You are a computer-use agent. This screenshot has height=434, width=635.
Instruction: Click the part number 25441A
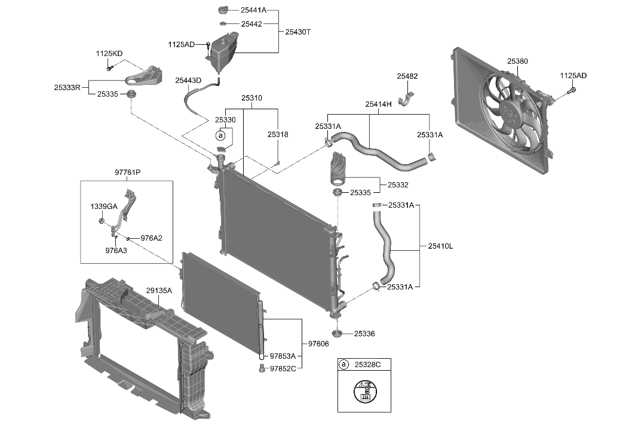(254, 11)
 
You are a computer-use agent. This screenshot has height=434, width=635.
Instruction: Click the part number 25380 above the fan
(517, 61)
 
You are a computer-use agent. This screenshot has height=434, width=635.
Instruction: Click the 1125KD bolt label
(109, 54)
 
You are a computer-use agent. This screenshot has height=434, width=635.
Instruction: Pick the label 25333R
(68, 87)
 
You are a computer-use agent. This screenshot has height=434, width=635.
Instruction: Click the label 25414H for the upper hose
(378, 104)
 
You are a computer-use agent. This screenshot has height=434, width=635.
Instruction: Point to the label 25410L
(440, 246)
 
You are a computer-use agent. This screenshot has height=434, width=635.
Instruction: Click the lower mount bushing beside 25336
(337, 333)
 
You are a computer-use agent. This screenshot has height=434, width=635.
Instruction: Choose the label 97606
(318, 344)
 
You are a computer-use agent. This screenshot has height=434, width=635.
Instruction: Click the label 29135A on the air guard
(159, 291)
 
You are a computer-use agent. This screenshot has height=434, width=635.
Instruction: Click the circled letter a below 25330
(220, 136)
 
